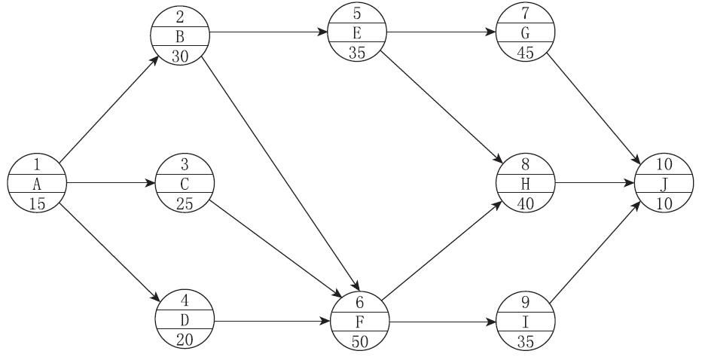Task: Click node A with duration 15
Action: point(37,183)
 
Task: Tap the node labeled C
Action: point(185,183)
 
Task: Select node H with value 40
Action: point(526,183)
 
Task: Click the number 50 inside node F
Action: point(360,340)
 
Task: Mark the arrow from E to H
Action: point(443,105)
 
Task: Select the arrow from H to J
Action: point(595,183)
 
